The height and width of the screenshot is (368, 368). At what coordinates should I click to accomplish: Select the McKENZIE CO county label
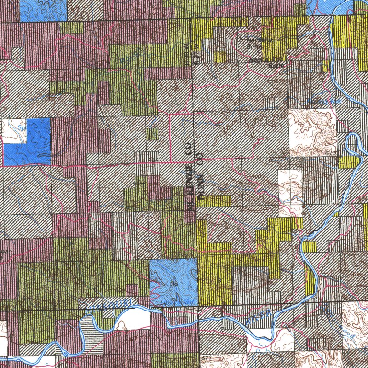click(x=189, y=177)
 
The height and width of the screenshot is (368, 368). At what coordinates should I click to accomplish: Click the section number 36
click(x=174, y=284)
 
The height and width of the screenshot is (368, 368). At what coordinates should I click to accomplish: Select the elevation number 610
click(x=330, y=153)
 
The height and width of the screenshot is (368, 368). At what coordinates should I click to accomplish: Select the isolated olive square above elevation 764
click(x=152, y=134)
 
